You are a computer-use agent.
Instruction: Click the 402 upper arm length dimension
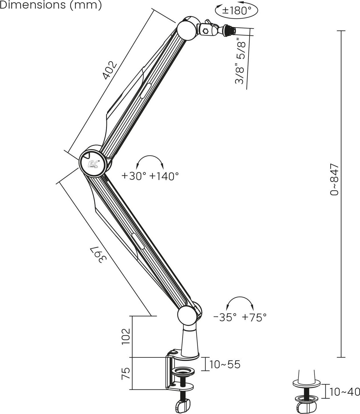tap(110, 70)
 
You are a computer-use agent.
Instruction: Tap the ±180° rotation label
tap(236, 10)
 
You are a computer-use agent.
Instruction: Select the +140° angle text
tap(164, 176)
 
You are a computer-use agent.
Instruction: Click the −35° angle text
tap(225, 317)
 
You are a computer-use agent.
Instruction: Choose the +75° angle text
tap(254, 317)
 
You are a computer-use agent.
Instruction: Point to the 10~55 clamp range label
tap(225, 364)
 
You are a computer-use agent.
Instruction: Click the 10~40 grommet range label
tap(345, 392)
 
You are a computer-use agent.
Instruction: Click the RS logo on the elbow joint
tap(93, 164)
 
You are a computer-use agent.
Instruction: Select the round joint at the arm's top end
tap(187, 31)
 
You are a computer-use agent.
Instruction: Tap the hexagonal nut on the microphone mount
tap(206, 31)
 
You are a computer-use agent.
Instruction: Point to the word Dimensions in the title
tap(33, 5)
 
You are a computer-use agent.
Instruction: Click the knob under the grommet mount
tap(306, 407)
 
